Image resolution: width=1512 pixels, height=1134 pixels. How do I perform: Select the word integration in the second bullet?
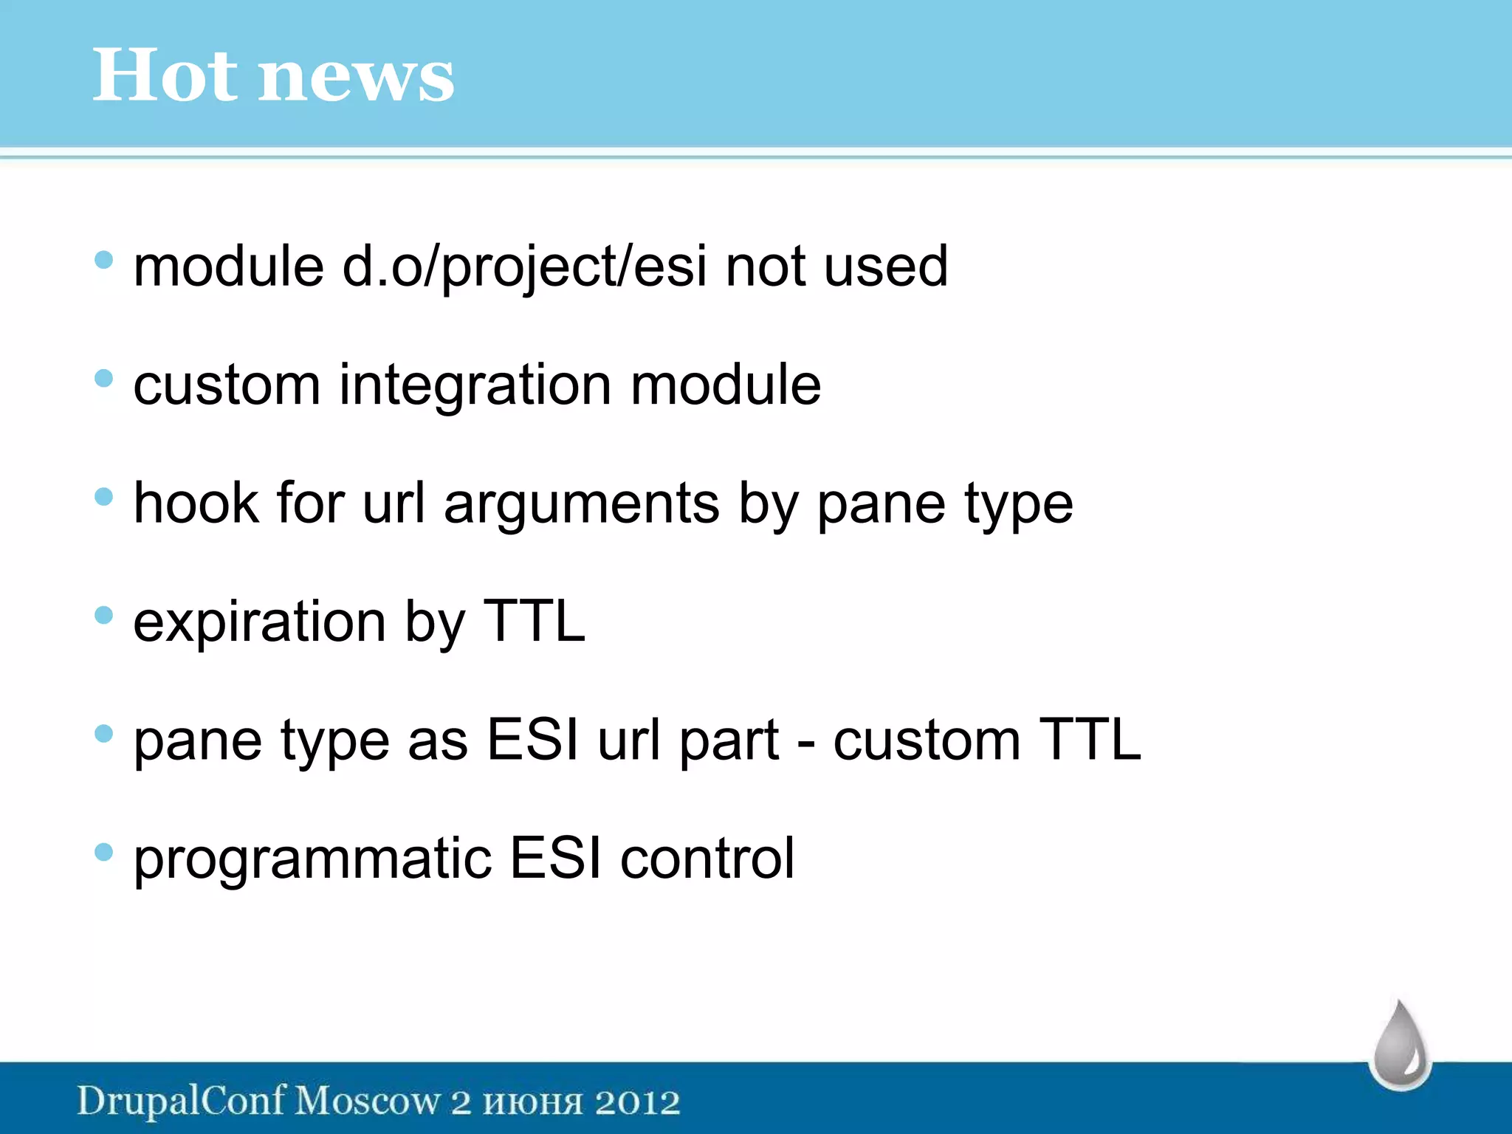[x=475, y=386]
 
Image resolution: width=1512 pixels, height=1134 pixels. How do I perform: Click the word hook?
[x=196, y=504]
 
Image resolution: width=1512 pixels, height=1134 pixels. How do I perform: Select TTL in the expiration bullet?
[x=533, y=622]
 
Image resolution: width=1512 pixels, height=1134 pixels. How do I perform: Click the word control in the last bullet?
[x=707, y=859]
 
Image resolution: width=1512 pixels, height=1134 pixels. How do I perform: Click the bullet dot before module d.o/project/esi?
[x=104, y=259]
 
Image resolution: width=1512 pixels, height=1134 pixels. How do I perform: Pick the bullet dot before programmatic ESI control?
[x=104, y=852]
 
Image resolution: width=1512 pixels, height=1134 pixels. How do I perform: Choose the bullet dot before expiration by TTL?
[x=104, y=615]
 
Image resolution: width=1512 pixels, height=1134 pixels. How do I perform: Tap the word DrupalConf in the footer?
[x=181, y=1102]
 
